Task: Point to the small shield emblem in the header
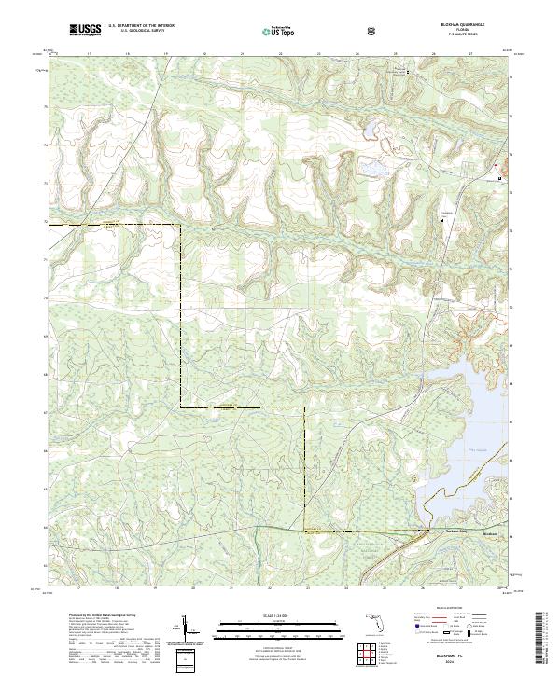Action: [371, 32]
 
